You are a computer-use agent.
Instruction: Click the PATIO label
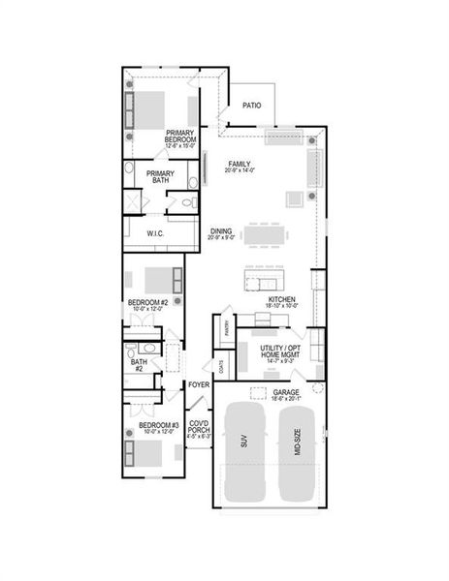(252, 106)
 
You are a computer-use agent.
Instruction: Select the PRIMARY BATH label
(161, 177)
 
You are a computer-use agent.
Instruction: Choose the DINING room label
(221, 232)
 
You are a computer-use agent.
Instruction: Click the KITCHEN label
(282, 302)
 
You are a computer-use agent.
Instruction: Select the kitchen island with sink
(260, 282)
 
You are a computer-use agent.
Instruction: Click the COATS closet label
(222, 368)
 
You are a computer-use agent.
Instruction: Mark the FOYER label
(199, 384)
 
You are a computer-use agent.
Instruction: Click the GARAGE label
(288, 393)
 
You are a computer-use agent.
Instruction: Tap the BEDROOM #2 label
(148, 304)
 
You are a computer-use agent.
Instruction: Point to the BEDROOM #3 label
(157, 427)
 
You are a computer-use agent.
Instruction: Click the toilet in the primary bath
(191, 182)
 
